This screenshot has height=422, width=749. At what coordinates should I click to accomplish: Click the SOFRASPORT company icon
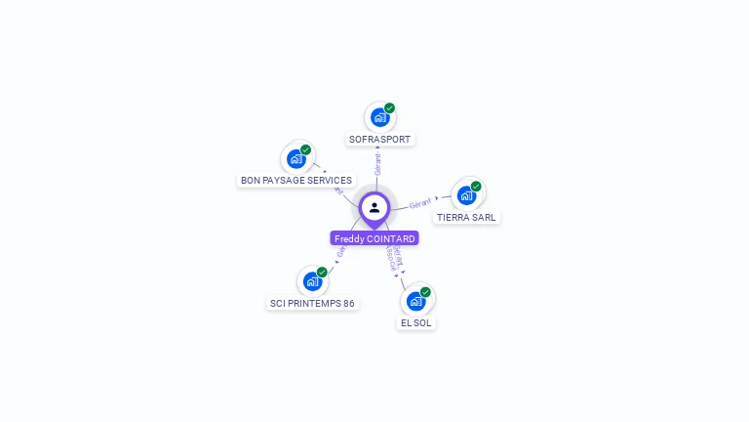pyautogui.click(x=379, y=117)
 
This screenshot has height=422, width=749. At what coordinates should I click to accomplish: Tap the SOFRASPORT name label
pyautogui.click(x=379, y=140)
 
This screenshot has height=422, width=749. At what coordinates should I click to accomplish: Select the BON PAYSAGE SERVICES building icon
pyautogui.click(x=296, y=159)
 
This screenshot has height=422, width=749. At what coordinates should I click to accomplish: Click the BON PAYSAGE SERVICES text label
pyautogui.click(x=296, y=181)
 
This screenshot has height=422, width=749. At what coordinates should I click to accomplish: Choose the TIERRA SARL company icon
pyautogui.click(x=466, y=195)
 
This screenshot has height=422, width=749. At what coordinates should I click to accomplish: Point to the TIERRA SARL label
pyautogui.click(x=466, y=217)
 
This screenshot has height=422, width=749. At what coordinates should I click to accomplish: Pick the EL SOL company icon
pyautogui.click(x=416, y=301)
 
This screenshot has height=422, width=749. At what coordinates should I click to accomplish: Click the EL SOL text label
pyautogui.click(x=416, y=322)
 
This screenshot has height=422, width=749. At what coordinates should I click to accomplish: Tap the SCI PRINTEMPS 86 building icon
pyautogui.click(x=312, y=281)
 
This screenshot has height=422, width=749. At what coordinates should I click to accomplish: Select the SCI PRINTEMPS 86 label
pyautogui.click(x=312, y=303)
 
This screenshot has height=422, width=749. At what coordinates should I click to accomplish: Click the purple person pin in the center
pyautogui.click(x=374, y=208)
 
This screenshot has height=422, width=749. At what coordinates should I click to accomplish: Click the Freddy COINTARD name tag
pyautogui.click(x=374, y=238)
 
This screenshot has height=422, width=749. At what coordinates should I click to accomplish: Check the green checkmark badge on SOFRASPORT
pyautogui.click(x=389, y=108)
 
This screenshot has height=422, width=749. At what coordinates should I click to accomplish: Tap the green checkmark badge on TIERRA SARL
pyautogui.click(x=476, y=187)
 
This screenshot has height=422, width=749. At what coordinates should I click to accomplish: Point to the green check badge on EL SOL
pyautogui.click(x=425, y=292)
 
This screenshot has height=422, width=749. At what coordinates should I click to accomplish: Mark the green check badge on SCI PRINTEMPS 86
pyautogui.click(x=322, y=273)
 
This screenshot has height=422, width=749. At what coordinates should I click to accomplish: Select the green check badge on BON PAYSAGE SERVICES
pyautogui.click(x=305, y=150)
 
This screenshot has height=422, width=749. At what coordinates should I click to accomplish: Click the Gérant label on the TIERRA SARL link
pyautogui.click(x=420, y=203)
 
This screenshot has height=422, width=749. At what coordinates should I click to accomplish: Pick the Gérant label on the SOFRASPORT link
pyautogui.click(x=377, y=163)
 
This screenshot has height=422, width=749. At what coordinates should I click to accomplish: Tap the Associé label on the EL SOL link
pyautogui.click(x=391, y=261)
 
